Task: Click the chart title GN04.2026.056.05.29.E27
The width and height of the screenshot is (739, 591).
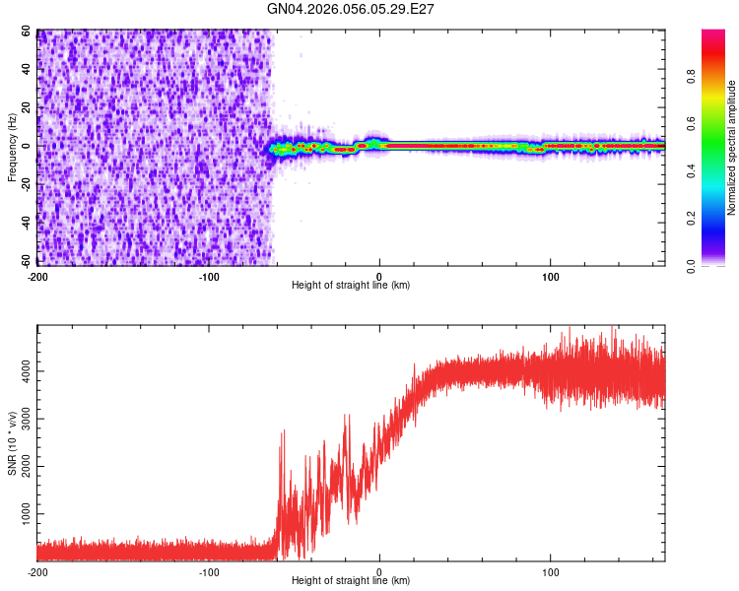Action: pos(351,9)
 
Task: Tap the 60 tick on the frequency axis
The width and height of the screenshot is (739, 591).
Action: pos(26,32)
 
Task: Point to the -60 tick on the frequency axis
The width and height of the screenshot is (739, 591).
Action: pos(24,262)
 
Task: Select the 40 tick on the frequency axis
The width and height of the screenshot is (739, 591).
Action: pos(26,70)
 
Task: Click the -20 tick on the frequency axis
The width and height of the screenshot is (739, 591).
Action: pos(24,185)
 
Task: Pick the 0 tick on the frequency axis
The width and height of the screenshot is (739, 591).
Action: pos(30,147)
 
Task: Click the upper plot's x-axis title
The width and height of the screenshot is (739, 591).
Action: pos(351,286)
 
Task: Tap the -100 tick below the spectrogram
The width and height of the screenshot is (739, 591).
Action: pos(208,276)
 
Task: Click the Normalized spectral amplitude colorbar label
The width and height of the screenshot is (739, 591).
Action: pos(732,148)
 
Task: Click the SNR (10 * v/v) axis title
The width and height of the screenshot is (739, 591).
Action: pos(12,444)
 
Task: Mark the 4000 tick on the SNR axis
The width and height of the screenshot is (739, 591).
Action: pos(22,371)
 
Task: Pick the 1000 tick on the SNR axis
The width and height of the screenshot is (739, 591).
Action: pos(22,514)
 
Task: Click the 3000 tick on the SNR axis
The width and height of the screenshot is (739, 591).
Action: pos(22,420)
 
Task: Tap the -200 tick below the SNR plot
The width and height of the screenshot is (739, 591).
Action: pos(36,572)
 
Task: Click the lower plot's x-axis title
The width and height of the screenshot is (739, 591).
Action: pos(351,582)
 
